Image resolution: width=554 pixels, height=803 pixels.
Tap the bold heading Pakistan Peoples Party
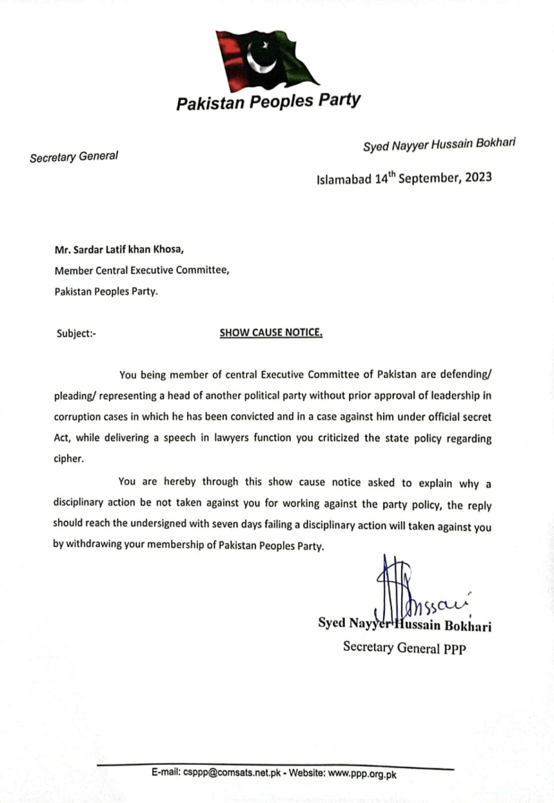click(x=268, y=102)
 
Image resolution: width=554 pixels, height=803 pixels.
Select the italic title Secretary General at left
click(x=73, y=156)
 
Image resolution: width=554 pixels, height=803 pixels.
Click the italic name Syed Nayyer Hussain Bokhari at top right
click(x=441, y=146)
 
